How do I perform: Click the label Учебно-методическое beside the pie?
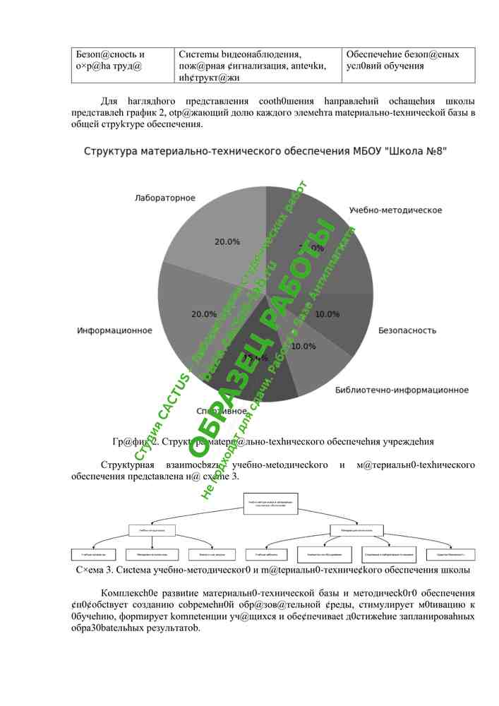point(395,210)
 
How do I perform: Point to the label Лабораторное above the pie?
point(165,198)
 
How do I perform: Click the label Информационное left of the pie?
point(115,330)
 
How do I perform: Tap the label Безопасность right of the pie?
point(407,330)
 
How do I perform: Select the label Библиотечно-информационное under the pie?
point(402,390)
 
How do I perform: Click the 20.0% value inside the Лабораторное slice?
point(227,242)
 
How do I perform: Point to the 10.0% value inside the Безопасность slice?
point(327,314)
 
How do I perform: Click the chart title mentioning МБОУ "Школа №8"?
point(265,152)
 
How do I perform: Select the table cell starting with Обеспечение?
point(409,60)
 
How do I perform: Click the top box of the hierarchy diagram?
point(271,504)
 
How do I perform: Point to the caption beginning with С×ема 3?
point(272,570)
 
